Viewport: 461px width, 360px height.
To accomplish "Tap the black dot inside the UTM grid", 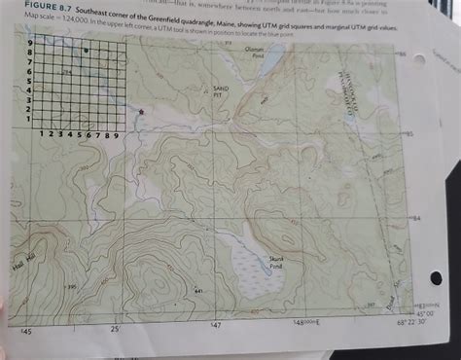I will click(87, 50).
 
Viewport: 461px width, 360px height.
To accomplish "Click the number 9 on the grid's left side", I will click(30, 44).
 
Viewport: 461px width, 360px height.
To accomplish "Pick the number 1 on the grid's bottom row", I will click(43, 135).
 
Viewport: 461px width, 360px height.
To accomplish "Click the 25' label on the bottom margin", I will click(115, 330).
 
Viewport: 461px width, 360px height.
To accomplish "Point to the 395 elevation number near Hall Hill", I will click(71, 286).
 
